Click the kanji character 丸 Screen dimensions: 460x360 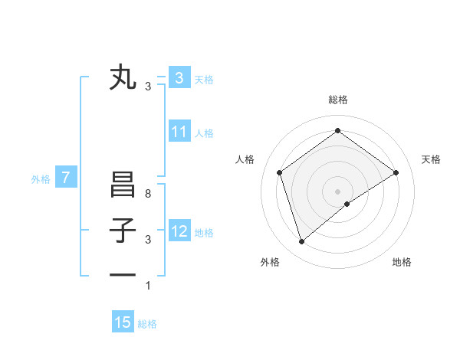(x=123, y=77)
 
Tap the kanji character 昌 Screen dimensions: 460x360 (x=123, y=185)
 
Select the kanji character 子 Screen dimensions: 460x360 (x=123, y=231)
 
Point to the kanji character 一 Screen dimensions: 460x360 (x=123, y=275)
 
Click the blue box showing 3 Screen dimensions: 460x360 (x=179, y=77)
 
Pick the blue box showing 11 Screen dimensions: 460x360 (x=179, y=132)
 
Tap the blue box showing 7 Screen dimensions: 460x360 (x=66, y=178)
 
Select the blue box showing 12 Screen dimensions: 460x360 (x=179, y=231)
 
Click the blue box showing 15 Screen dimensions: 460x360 (x=123, y=322)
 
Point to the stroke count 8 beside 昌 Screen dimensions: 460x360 (x=148, y=195)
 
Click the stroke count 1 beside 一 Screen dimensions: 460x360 (x=148, y=286)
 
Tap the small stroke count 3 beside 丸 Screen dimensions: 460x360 (x=148, y=87)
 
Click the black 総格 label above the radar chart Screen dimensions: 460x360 (x=337, y=100)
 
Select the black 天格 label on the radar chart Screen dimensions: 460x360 (x=431, y=159)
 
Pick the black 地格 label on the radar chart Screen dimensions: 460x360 (x=402, y=262)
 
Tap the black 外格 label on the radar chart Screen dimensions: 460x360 (x=270, y=262)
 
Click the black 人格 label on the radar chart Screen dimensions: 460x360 (x=245, y=159)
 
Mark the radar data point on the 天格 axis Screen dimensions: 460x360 (x=396, y=172)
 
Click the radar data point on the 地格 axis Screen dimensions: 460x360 (x=347, y=204)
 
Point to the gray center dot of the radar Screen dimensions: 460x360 (x=337, y=191)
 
